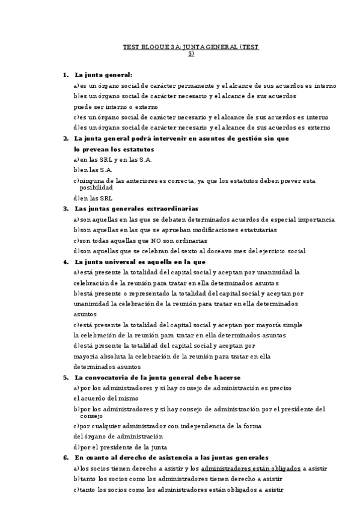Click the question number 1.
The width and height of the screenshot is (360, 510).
65,75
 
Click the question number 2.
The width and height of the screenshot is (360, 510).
65,138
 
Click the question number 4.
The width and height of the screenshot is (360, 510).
65,262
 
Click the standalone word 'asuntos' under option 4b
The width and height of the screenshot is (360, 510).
85,314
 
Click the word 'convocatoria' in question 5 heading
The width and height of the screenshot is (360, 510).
109,377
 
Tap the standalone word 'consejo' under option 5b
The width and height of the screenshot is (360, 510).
91,416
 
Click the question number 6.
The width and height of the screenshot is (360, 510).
65,458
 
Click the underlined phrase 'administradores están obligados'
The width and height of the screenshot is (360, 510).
251,468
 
